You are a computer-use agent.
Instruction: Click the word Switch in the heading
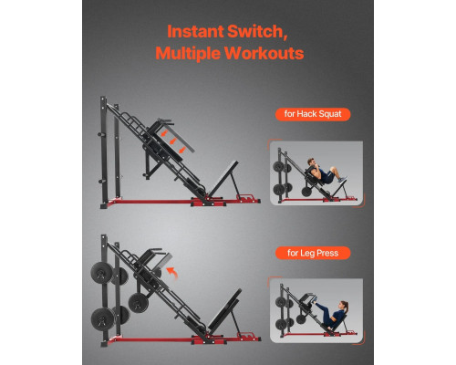(256, 32)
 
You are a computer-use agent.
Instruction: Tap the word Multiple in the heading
(188, 53)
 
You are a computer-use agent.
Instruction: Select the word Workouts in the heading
(264, 53)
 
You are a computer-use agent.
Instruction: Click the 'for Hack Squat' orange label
(313, 114)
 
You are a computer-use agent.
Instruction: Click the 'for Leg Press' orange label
(313, 253)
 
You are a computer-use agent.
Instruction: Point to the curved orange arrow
(172, 273)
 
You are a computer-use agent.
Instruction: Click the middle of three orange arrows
(173, 141)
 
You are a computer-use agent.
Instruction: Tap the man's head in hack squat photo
(311, 162)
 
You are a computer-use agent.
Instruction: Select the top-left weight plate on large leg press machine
(102, 273)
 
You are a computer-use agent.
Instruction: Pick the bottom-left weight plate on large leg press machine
(103, 318)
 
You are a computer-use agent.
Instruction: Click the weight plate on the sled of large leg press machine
(139, 303)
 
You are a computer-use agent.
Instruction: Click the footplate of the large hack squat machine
(223, 179)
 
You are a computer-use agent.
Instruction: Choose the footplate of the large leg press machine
(225, 311)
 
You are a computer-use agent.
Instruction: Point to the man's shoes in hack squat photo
(342, 180)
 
